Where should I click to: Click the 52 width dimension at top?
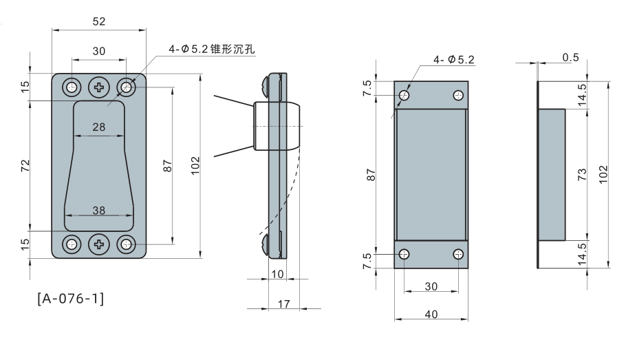click(x=99, y=21)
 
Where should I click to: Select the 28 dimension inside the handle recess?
click(x=99, y=127)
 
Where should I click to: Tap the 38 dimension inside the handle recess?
click(x=99, y=211)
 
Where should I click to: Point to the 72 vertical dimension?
click(x=25, y=165)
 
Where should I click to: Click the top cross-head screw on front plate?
click(x=100, y=87)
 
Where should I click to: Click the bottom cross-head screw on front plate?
click(x=100, y=244)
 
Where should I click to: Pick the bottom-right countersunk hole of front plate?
click(x=127, y=244)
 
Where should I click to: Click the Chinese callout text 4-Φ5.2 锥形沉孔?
click(x=211, y=50)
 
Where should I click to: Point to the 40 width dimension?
click(x=431, y=315)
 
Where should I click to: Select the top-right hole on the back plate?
click(x=458, y=95)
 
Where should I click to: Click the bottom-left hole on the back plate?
click(x=404, y=254)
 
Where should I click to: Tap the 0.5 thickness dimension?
click(x=570, y=57)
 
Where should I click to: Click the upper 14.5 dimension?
click(x=582, y=94)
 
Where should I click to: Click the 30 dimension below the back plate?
click(x=431, y=286)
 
